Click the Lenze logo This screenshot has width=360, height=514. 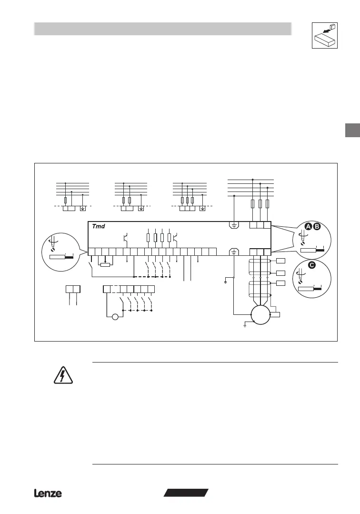pyautogui.click(x=48, y=494)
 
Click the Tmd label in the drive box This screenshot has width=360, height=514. pyautogui.click(x=99, y=226)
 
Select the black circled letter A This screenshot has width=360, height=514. pyautogui.click(x=308, y=227)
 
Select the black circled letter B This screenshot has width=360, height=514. pyautogui.click(x=317, y=227)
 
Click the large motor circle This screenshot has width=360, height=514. pyautogui.click(x=260, y=314)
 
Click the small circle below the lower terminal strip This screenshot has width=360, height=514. pyautogui.click(x=114, y=316)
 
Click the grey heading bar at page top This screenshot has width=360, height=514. pyautogui.click(x=162, y=29)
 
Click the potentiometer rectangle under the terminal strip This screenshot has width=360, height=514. pyautogui.click(x=105, y=265)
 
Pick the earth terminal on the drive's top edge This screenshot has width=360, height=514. pyautogui.click(x=234, y=225)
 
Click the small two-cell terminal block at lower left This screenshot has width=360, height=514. pyautogui.click(x=73, y=289)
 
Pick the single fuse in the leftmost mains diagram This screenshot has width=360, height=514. pyautogui.click(x=66, y=201)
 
